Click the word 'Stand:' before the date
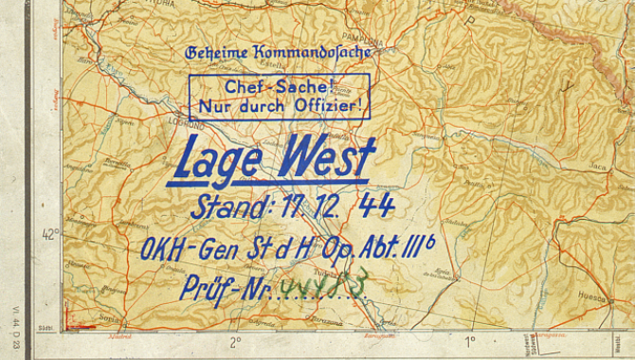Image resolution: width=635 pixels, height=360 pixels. pos(233,207)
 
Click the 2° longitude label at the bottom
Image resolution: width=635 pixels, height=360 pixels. pos(234,341)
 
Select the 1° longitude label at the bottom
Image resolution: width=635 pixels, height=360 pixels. pos(468,341)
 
